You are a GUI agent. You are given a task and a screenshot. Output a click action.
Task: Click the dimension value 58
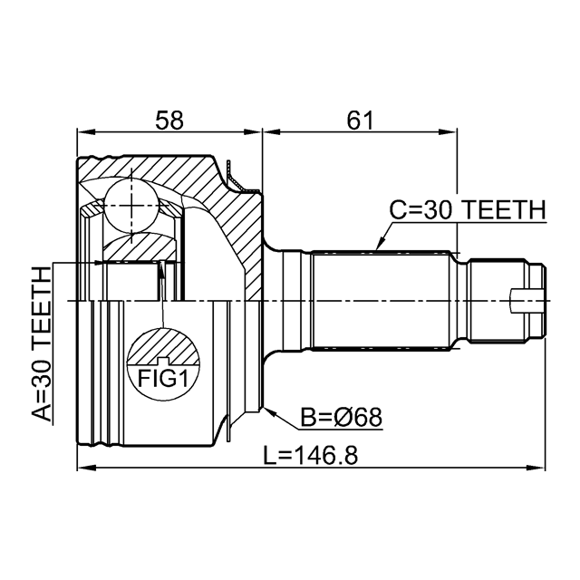pyautogui.click(x=169, y=120)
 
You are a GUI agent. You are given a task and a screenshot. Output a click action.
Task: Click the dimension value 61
pyautogui.click(x=360, y=120)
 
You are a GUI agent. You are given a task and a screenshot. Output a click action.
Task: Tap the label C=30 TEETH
pyautogui.click(x=468, y=209)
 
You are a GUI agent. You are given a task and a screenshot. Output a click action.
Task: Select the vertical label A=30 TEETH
pyautogui.click(x=41, y=344)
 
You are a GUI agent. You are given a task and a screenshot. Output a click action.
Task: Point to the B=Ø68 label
pyautogui.click(x=341, y=417)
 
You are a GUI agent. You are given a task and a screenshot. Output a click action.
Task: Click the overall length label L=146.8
pyautogui.click(x=310, y=455)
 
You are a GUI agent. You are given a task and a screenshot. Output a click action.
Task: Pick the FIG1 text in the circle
pyautogui.click(x=163, y=379)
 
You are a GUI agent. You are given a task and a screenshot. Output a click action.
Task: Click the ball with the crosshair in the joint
pyautogui.click(x=131, y=206)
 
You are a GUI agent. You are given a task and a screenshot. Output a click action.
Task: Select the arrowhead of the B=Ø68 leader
pyautogui.click(x=268, y=411)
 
